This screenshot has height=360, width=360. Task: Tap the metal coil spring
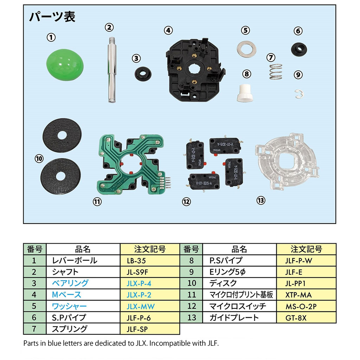click(x=276, y=72)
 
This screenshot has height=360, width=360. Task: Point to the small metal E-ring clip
click(x=299, y=93)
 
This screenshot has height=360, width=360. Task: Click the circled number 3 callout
click(x=136, y=58)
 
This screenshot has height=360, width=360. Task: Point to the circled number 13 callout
click(x=261, y=200)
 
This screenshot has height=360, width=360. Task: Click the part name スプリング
click(x=69, y=329)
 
